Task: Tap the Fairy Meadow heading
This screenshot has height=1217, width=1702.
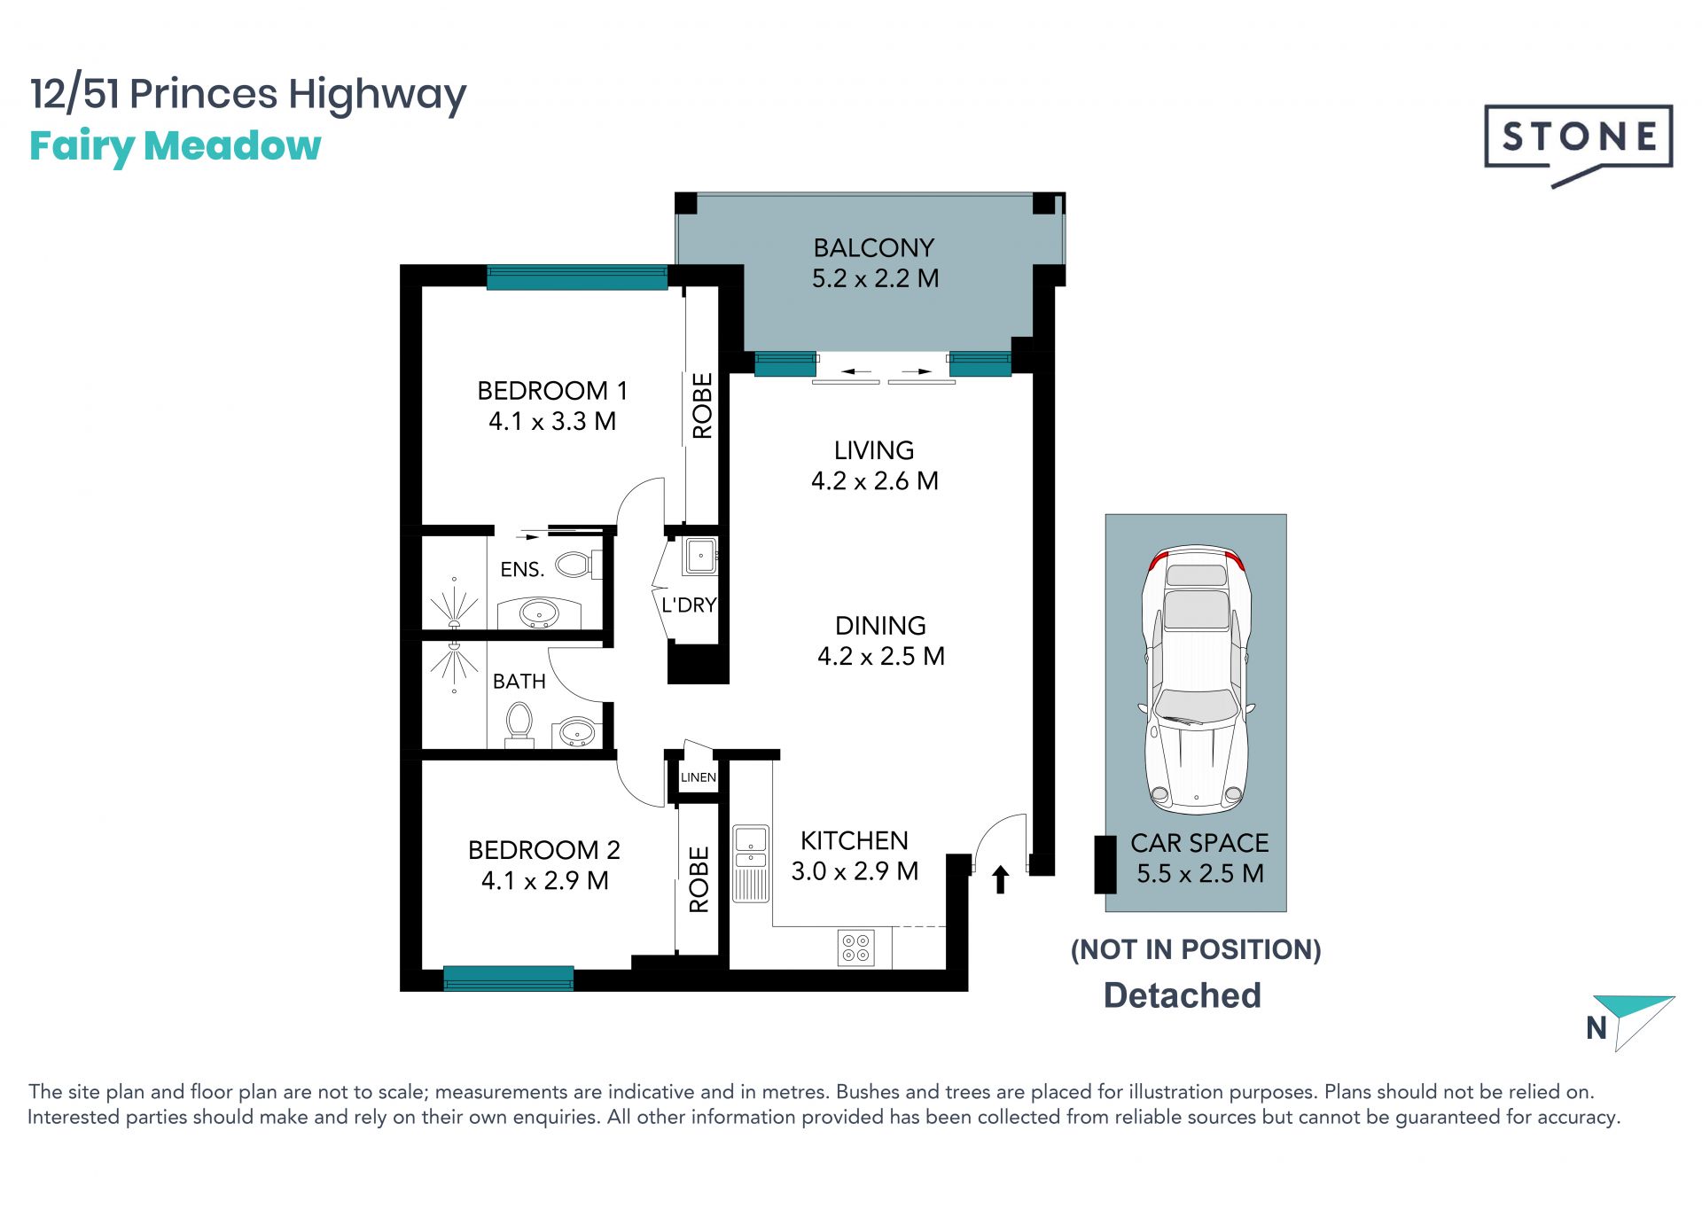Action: pyautogui.click(x=175, y=146)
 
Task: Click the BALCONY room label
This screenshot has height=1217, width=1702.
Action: pyautogui.click(x=874, y=247)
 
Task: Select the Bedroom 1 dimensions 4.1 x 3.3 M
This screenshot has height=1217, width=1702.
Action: pyautogui.click(x=552, y=421)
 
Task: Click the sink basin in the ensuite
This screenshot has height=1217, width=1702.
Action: pyautogui.click(x=538, y=612)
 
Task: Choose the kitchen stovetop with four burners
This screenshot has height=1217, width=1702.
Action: pyautogui.click(x=855, y=948)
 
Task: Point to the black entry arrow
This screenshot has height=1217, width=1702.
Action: pyautogui.click(x=1001, y=879)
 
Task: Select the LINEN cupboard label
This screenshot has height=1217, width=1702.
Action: pyautogui.click(x=698, y=777)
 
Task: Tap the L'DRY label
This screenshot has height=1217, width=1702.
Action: pyautogui.click(x=689, y=605)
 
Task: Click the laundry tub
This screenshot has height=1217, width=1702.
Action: pyautogui.click(x=699, y=556)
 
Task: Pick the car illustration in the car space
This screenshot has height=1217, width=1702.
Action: pyautogui.click(x=1197, y=680)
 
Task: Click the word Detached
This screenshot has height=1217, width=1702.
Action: pyautogui.click(x=1182, y=995)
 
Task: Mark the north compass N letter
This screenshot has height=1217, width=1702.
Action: pyautogui.click(x=1597, y=1028)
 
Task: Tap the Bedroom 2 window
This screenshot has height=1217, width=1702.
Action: pyautogui.click(x=508, y=979)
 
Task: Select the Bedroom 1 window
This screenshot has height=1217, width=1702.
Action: pyautogui.click(x=577, y=277)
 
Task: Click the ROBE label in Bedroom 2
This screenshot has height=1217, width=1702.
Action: pyautogui.click(x=699, y=879)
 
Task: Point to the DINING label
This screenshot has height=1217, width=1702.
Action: pyautogui.click(x=880, y=626)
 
